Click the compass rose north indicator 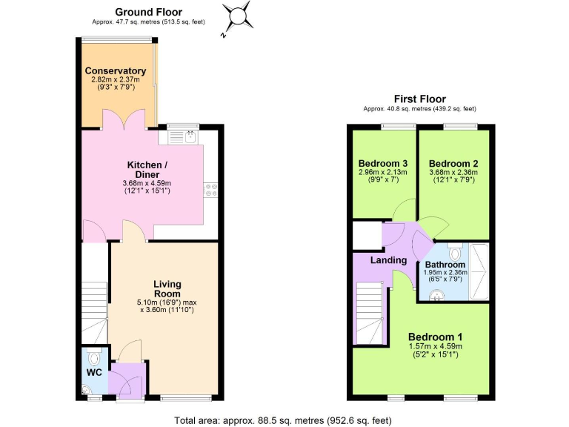239,15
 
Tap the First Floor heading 419,99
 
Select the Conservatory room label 115,71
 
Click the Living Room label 167,289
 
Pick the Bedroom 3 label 383,164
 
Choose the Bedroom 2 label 453,164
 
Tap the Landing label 388,260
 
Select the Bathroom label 445,265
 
